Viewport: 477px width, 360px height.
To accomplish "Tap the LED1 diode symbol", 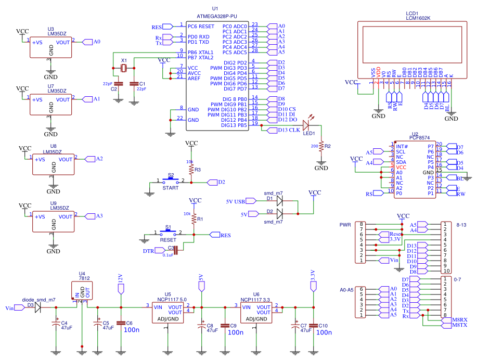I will click(x=306, y=125).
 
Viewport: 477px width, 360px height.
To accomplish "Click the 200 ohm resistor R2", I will click(x=321, y=146).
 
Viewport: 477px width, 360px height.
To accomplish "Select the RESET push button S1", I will click(x=167, y=234).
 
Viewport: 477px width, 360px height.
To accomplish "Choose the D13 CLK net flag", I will click(x=282, y=130).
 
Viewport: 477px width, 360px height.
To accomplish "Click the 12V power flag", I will click(x=120, y=287).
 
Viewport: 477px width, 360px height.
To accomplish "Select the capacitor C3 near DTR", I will click(x=175, y=251).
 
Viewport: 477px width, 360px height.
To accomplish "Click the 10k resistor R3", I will click(x=191, y=169).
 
